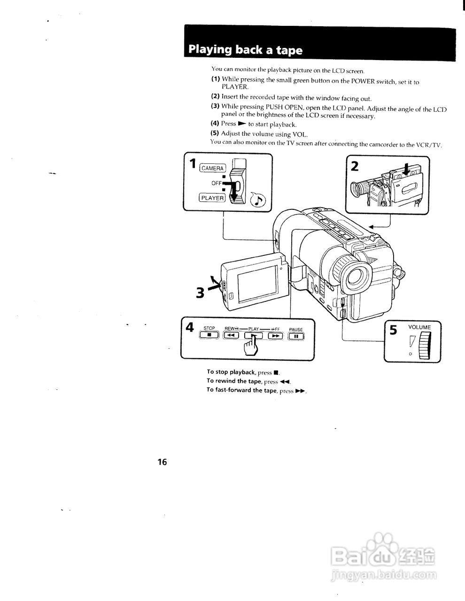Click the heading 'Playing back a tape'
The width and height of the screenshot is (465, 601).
click(245, 50)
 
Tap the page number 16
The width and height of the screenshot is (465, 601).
click(162, 462)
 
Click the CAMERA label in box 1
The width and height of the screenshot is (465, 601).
click(213, 168)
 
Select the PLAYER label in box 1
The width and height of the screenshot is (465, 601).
click(212, 198)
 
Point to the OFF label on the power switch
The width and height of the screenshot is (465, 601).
click(217, 183)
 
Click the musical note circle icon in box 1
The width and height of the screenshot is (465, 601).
click(258, 200)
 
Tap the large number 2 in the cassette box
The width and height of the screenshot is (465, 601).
click(355, 166)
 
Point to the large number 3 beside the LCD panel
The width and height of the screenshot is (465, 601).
click(200, 293)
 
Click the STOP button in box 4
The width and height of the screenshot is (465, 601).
click(209, 335)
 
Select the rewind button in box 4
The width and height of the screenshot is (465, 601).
click(231, 335)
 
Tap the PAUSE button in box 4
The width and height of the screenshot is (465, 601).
click(296, 336)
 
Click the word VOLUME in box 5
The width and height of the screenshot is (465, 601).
click(419, 327)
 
